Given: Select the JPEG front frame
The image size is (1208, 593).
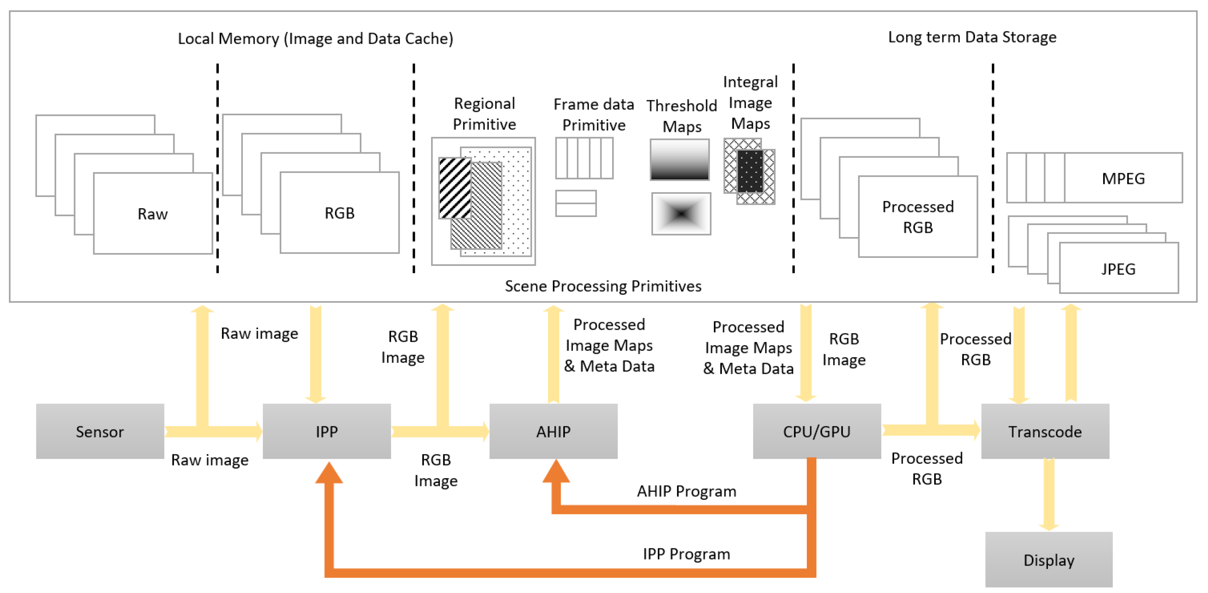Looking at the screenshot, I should pos(1118,269).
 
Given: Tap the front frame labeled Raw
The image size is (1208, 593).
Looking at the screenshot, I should pos(153,214).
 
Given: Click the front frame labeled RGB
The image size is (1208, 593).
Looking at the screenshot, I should pos(340,213).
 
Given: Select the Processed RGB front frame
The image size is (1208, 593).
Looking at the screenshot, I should pos(918,217).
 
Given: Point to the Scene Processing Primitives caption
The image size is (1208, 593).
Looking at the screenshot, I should pos(603,286).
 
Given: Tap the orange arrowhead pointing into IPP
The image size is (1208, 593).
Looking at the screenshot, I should pos(329,474).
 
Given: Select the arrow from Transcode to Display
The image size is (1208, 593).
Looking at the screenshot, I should pos(1049,495).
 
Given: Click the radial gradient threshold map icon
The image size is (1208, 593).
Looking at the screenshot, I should pos(681,214).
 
